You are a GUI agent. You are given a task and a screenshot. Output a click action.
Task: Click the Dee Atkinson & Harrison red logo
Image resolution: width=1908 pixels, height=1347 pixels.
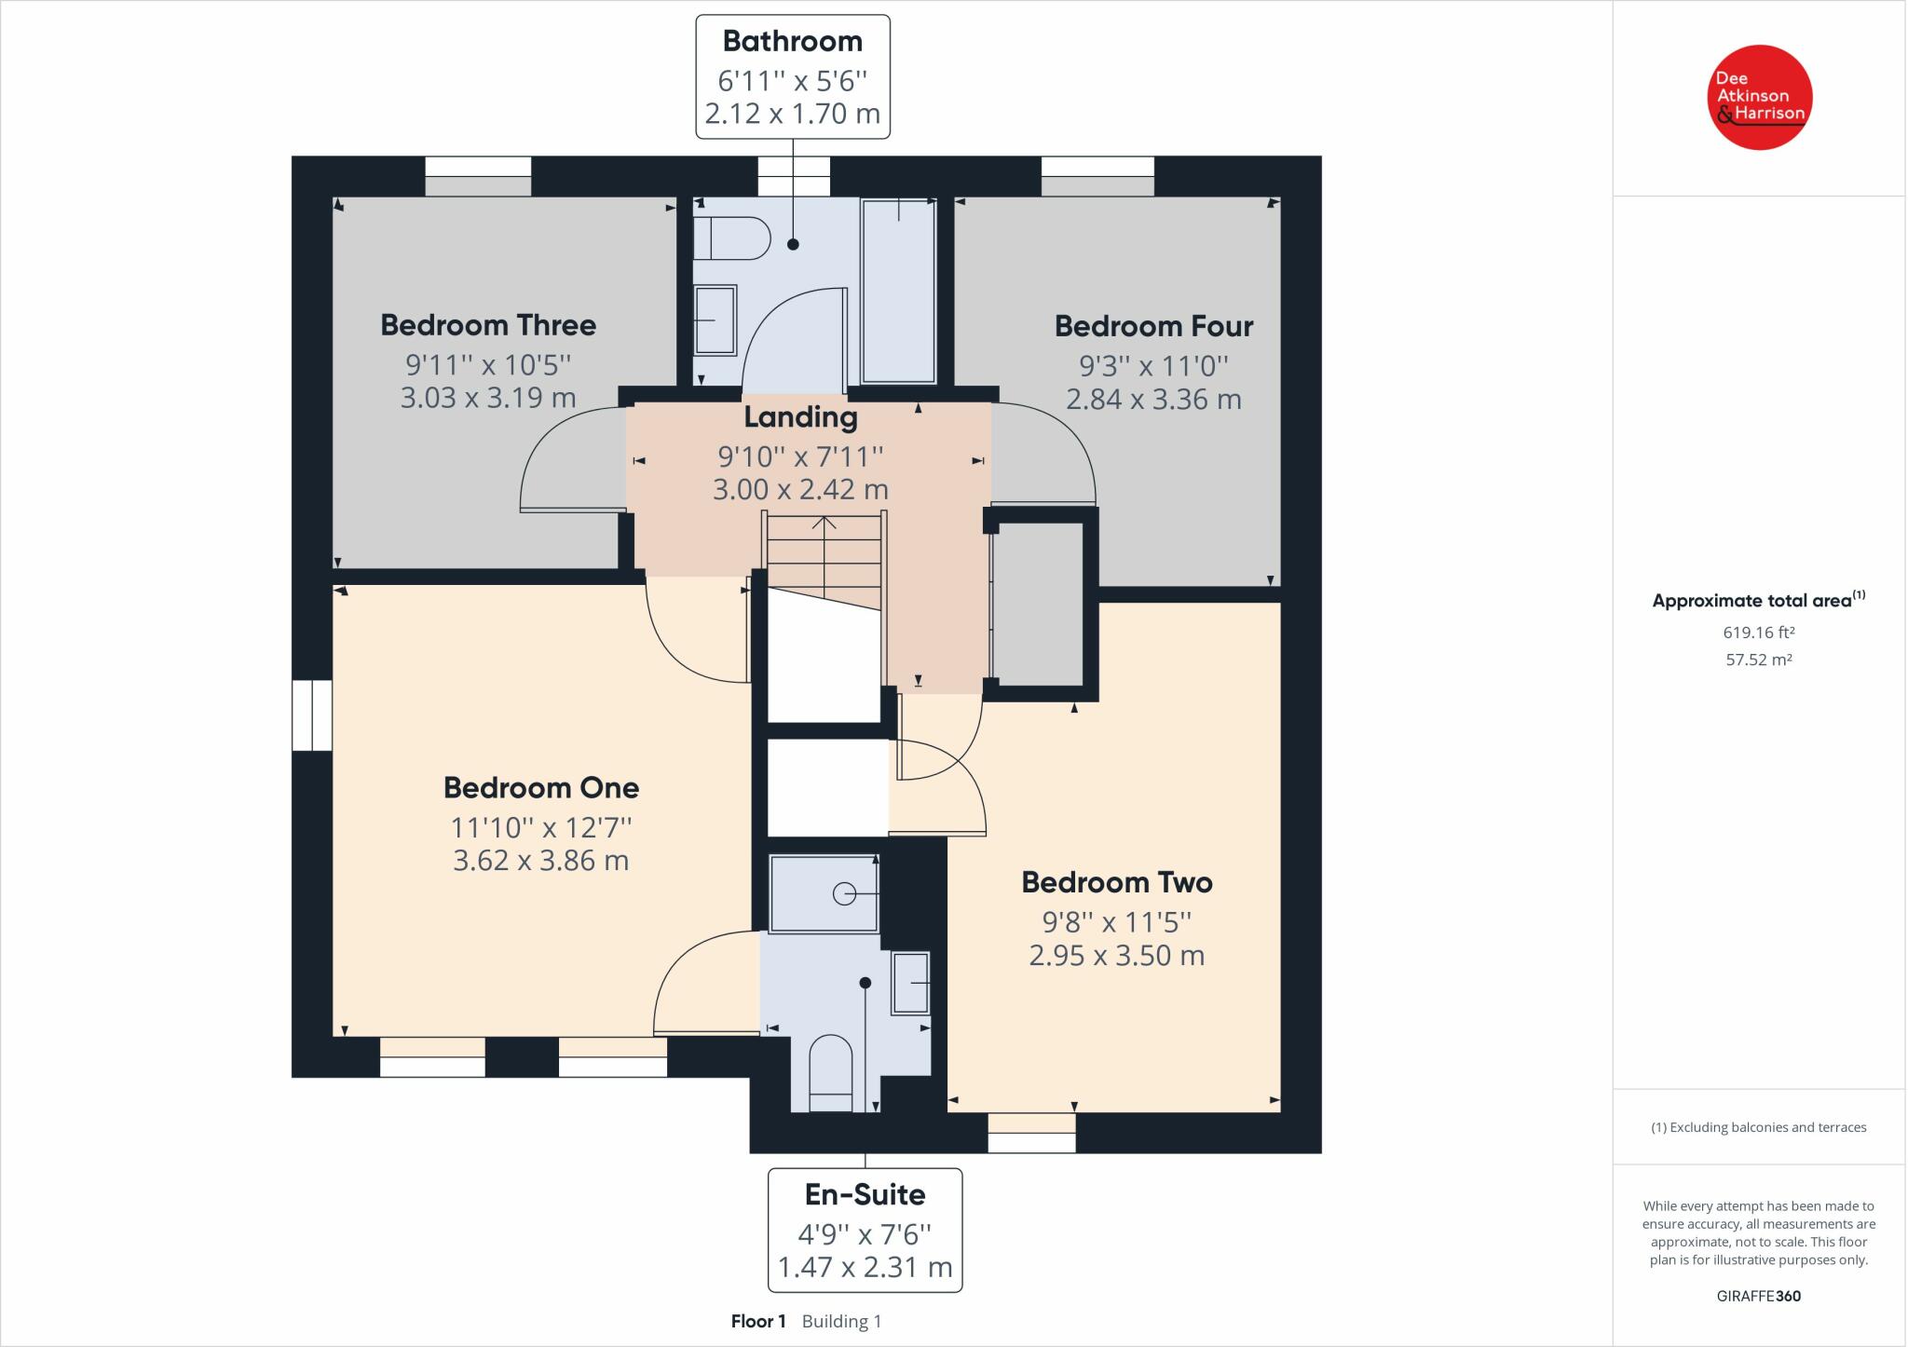1759,97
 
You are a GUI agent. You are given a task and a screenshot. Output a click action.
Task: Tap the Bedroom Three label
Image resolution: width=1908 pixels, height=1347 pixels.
488,325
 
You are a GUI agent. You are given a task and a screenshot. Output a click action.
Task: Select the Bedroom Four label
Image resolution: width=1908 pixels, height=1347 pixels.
1153,326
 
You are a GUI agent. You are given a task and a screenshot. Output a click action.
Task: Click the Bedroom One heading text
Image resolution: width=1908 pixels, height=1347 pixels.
541,788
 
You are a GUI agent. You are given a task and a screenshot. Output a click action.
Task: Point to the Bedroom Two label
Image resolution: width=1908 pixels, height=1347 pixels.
1117,882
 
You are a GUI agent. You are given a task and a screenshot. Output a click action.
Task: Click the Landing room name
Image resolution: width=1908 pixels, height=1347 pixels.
800,417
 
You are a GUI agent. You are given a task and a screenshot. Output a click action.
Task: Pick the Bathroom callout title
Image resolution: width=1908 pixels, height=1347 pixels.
793,41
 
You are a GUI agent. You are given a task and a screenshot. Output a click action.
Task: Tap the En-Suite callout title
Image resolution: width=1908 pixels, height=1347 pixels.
865,1194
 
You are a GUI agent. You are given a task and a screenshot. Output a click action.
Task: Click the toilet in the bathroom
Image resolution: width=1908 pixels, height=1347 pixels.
732,238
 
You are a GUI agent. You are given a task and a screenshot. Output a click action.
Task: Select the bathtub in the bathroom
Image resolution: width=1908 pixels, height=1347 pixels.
899,290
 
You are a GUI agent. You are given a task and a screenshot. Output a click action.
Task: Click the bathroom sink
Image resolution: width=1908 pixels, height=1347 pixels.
715,320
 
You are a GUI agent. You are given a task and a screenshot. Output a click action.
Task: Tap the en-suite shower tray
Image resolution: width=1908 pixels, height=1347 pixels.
824,893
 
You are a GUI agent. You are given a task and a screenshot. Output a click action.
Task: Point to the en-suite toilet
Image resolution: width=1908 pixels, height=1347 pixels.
831,1074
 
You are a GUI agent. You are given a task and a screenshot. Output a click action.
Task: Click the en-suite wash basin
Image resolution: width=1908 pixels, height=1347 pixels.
911,983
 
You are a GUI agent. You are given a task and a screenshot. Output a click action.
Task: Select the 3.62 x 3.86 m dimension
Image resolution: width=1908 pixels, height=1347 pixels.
541,860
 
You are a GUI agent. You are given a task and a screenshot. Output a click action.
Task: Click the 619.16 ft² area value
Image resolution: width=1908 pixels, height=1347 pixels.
1759,633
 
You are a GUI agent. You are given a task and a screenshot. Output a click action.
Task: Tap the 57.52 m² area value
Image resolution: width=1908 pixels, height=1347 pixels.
1759,660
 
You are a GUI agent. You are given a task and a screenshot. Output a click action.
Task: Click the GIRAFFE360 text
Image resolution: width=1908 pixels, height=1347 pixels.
1759,1296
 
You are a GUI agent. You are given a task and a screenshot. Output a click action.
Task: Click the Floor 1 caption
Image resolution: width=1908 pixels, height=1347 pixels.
759,1321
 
